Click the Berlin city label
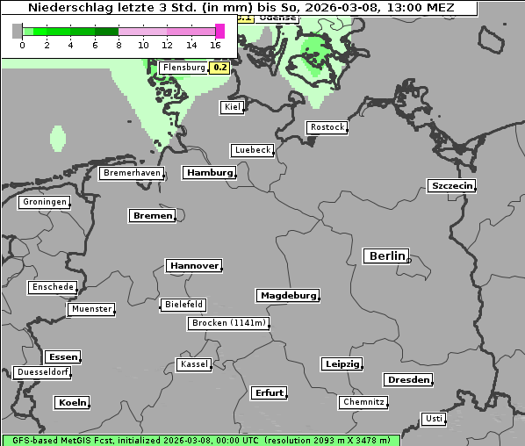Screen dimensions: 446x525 [385, 256]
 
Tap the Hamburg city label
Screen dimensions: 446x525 [209, 173]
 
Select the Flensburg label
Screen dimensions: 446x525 [183, 68]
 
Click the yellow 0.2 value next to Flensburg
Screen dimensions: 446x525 [220, 68]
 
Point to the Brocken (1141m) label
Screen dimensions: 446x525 [227, 323]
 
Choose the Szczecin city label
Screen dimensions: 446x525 [451, 185]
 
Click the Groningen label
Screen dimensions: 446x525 [44, 202]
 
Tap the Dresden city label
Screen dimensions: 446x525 [407, 380]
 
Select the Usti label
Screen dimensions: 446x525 [433, 419]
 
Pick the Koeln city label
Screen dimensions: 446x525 [73, 403]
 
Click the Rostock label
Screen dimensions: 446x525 [327, 127]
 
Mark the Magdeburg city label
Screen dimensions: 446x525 [287, 295]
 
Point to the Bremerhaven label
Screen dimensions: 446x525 [132, 173]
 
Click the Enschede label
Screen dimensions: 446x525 [52, 287]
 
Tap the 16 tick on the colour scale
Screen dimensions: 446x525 [216, 45]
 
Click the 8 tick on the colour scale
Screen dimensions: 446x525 [119, 45]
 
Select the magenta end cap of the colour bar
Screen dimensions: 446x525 [219, 31]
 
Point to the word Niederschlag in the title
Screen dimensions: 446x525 [68, 8]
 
